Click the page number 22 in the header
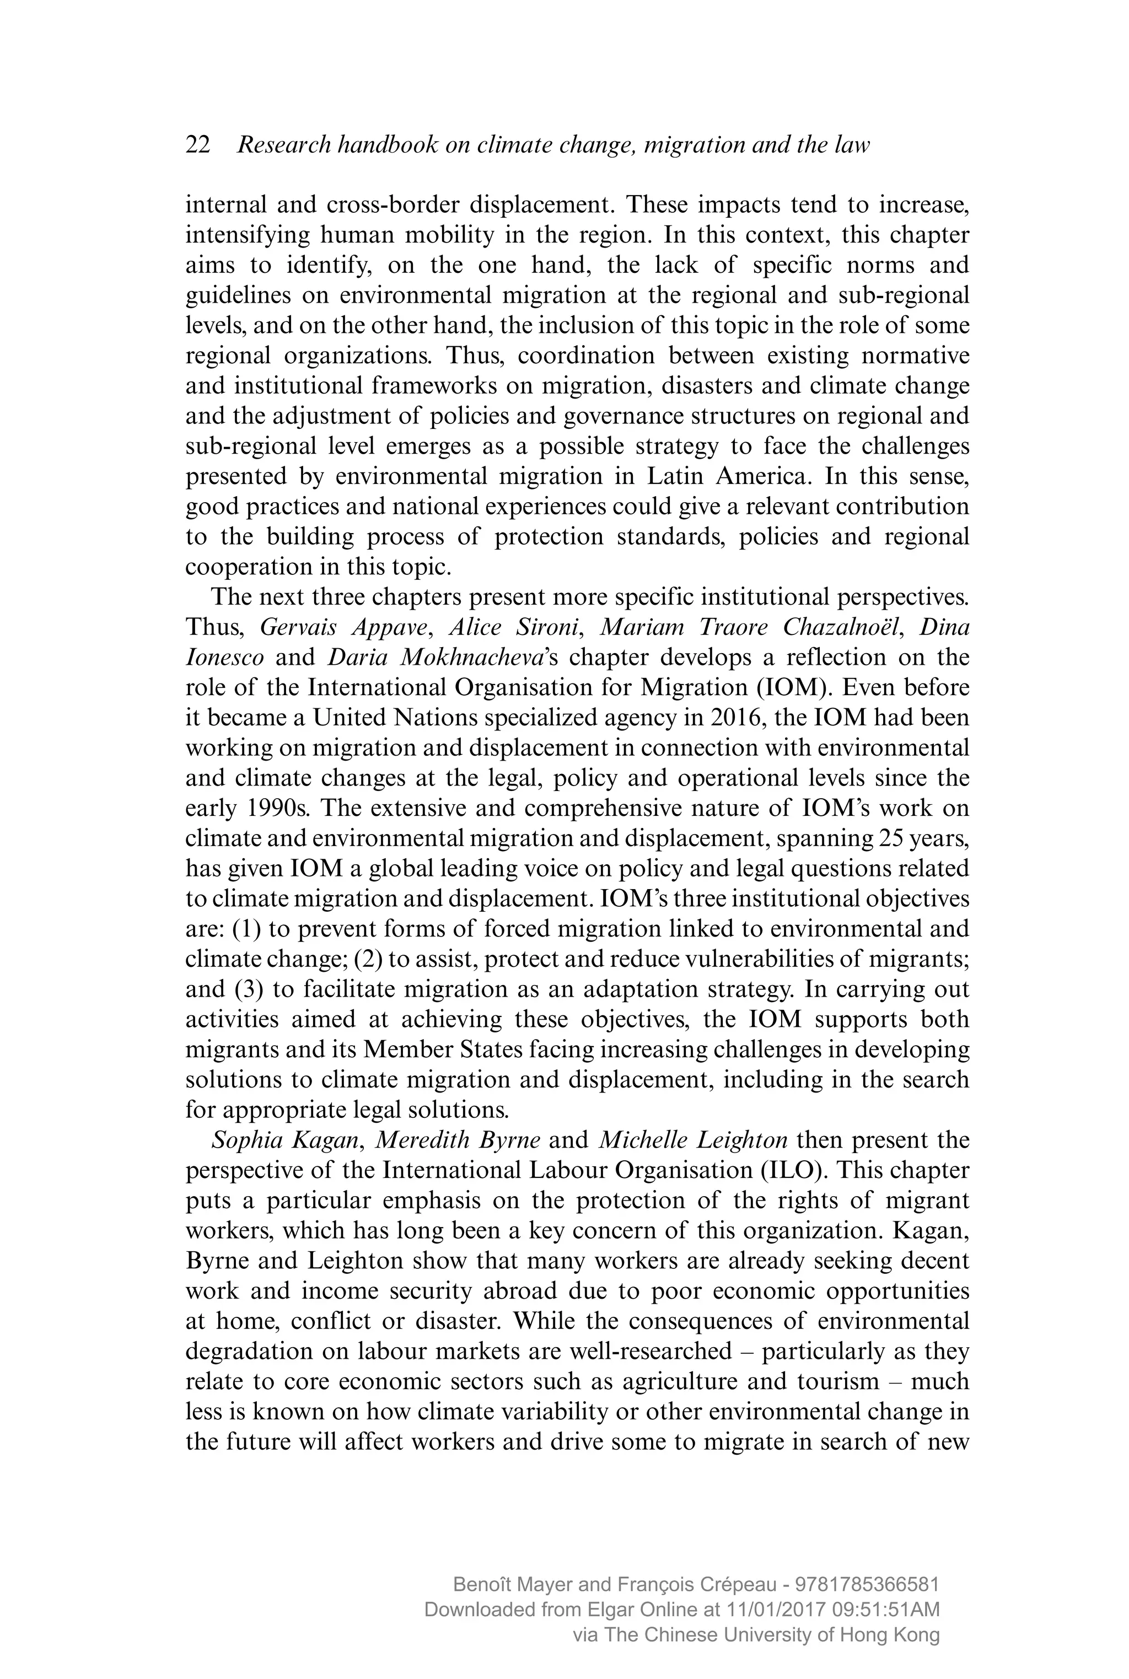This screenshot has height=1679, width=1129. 198,146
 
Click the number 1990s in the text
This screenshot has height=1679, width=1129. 275,809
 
